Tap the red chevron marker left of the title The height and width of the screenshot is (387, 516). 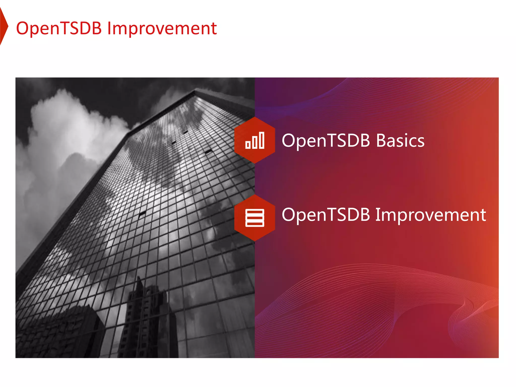coord(4,26)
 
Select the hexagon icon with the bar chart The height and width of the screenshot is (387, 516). coord(254,140)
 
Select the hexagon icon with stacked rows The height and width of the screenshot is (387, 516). coord(254,218)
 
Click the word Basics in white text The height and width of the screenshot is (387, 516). coord(400,141)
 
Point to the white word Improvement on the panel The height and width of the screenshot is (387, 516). coord(431,215)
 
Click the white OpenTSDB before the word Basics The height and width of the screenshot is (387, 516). coord(326,141)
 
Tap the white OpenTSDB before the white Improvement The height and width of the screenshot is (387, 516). coord(326,215)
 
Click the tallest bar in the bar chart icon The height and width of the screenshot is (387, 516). coord(262,140)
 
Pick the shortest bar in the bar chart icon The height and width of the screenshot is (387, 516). coord(248,145)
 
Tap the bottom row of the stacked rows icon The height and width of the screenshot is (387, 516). coord(254,224)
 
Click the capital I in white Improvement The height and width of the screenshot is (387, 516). coord(377,215)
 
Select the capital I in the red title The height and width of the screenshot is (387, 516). coord(109,28)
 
